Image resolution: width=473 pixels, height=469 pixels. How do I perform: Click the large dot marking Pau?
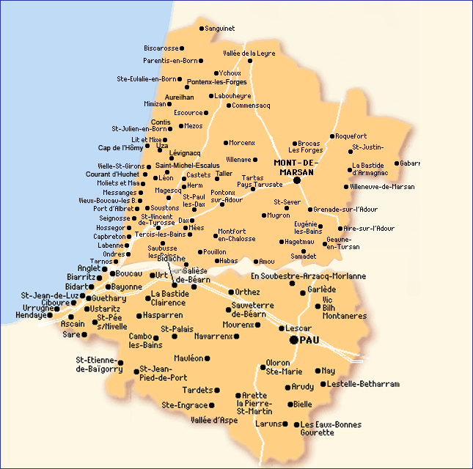click(x=294, y=340)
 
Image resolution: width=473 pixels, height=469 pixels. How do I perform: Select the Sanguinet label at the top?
click(x=220, y=29)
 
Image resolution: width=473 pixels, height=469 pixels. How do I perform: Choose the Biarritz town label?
click(x=81, y=278)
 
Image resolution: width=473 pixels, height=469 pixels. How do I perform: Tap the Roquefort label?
click(x=351, y=136)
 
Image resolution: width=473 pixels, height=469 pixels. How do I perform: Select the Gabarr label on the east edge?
click(x=410, y=163)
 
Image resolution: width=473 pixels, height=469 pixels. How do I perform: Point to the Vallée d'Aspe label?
click(x=214, y=420)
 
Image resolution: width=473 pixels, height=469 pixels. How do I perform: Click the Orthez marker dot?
click(x=230, y=292)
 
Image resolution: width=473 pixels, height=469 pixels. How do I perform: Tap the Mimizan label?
click(x=155, y=104)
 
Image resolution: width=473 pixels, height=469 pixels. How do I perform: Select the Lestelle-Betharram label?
click(x=364, y=384)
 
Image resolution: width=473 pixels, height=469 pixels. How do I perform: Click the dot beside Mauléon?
click(x=208, y=358)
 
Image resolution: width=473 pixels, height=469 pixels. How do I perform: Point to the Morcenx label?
click(x=242, y=142)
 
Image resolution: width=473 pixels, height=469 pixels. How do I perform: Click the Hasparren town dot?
click(x=139, y=316)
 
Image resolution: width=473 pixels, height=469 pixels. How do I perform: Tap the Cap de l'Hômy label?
click(x=121, y=148)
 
